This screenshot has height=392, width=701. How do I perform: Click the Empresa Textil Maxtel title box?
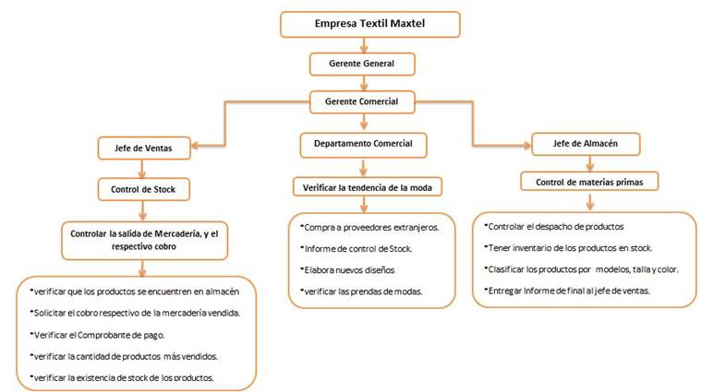pos(370,24)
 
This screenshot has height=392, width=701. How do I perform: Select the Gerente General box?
pos(362,64)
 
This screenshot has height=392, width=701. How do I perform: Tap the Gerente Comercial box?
pos(362,101)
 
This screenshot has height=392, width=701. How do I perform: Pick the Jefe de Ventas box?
pos(144,148)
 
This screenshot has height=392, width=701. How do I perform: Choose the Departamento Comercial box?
pos(364,145)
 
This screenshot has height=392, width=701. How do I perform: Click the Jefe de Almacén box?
pos(586,144)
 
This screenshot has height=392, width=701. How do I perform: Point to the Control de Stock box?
pos(143,189)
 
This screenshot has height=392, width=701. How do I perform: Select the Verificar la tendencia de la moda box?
pos(368,187)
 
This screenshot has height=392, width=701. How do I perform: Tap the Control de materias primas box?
pos(589,182)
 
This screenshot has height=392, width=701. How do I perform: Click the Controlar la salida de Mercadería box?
pos(144,240)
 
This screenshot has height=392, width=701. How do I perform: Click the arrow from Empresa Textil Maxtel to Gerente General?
pos(364,45)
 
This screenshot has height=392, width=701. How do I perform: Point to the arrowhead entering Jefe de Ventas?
pos(196,146)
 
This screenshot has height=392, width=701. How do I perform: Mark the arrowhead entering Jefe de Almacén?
pos(526,145)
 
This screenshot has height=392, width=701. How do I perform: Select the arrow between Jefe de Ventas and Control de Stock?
pos(142,169)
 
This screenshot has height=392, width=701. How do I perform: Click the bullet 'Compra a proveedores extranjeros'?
pos(369,228)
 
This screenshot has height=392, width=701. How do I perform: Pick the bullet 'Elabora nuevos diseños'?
pos(347,270)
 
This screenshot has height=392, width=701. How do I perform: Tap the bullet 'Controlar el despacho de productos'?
pos(554,227)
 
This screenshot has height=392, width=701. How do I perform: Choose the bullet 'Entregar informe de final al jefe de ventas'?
pos(567,291)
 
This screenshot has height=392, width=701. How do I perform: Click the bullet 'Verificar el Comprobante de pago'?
pos(97,335)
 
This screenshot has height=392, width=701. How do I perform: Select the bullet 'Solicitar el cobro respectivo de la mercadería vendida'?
pos(135,313)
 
